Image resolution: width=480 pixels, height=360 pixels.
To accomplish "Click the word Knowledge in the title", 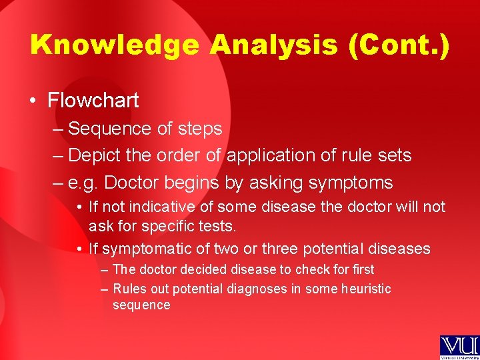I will click(x=114, y=45).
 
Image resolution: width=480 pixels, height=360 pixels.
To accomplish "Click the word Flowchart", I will click(x=93, y=101).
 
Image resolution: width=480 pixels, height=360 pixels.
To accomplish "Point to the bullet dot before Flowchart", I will click(x=33, y=101).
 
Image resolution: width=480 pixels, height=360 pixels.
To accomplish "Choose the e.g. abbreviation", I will click(x=83, y=183).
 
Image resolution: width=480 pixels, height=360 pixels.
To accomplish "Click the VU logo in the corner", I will click(x=459, y=347).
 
